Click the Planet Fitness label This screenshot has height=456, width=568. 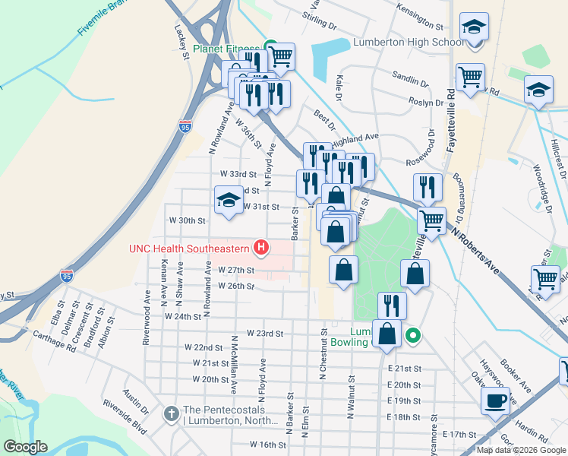(226, 49)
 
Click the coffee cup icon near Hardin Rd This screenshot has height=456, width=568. (496, 401)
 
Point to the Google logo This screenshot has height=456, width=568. (26, 446)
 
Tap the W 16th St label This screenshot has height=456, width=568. (266, 444)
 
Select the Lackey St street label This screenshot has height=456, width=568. (181, 44)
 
